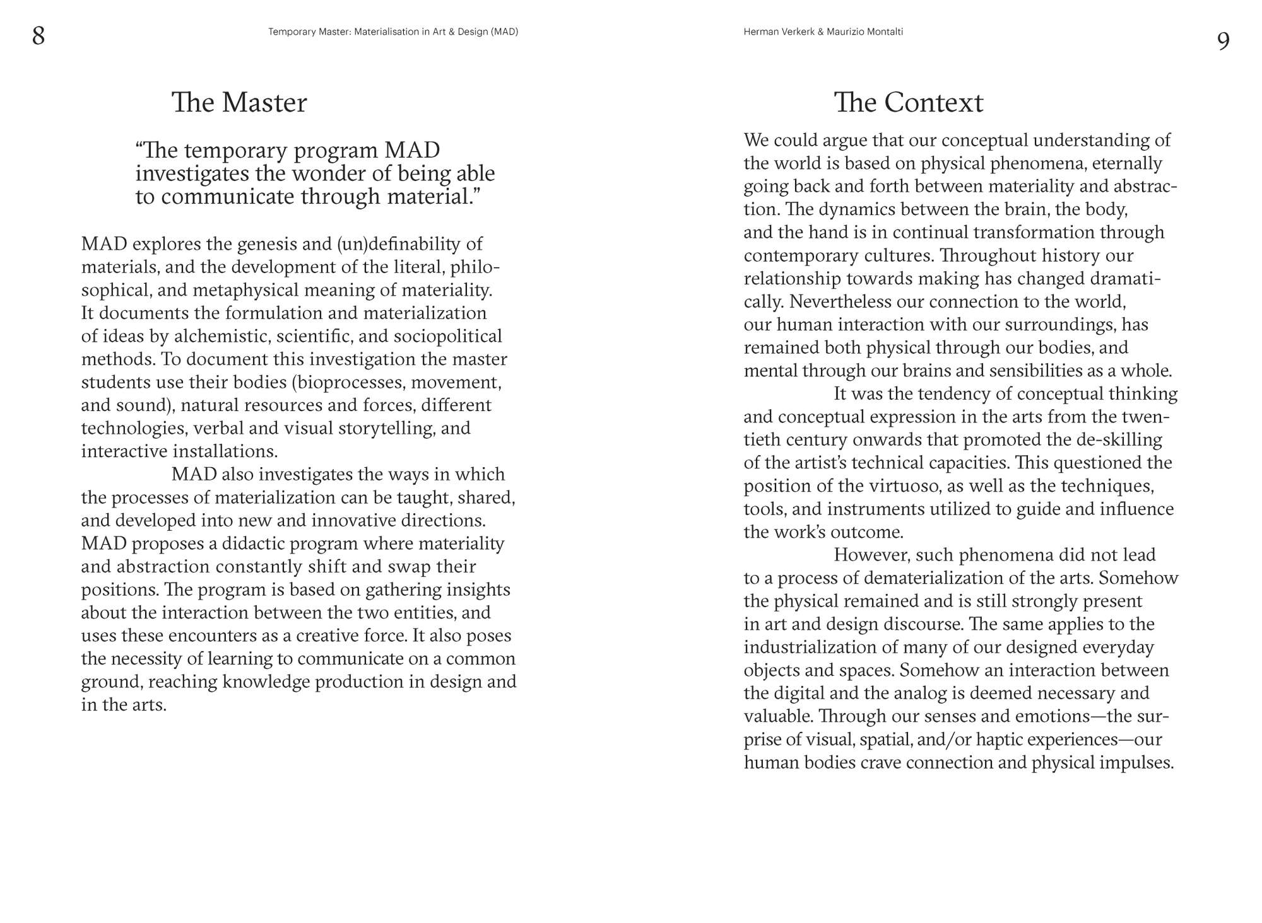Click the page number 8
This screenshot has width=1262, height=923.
tap(38, 36)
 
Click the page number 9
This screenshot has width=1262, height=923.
tap(1223, 42)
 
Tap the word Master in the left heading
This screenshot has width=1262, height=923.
tap(264, 103)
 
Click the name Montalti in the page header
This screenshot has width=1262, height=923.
tap(883, 32)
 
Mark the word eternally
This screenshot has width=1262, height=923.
tap(1126, 163)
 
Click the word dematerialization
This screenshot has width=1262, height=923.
tap(942, 578)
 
